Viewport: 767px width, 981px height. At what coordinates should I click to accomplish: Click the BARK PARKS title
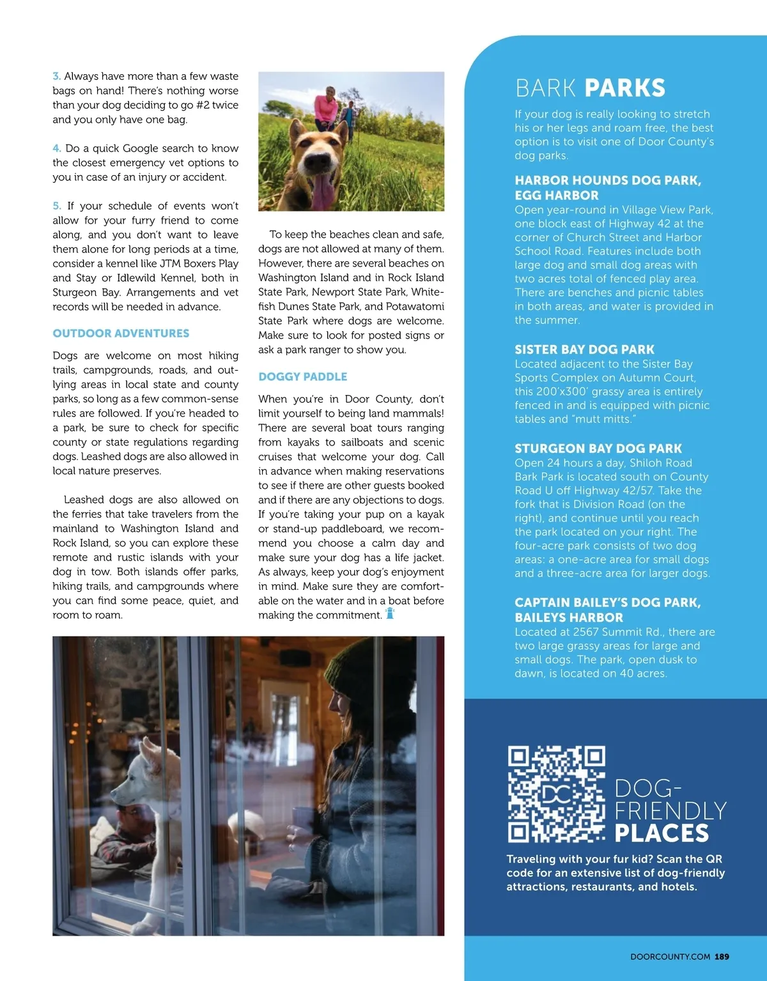click(x=591, y=88)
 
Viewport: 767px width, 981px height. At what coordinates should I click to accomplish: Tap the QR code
click(x=556, y=793)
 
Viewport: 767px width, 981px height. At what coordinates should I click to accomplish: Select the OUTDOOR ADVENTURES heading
click(x=121, y=334)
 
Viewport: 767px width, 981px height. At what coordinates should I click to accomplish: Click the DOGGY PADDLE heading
click(x=303, y=377)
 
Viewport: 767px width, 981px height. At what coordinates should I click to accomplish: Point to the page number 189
click(x=722, y=957)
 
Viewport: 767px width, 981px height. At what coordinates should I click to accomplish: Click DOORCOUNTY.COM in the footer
click(x=670, y=957)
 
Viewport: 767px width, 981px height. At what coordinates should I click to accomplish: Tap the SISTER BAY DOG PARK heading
click(x=584, y=350)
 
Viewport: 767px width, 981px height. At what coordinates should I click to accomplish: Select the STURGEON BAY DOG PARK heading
click(x=598, y=449)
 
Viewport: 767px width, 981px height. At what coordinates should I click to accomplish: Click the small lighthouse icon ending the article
click(x=390, y=614)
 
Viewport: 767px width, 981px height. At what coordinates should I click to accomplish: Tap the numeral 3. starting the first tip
click(x=57, y=76)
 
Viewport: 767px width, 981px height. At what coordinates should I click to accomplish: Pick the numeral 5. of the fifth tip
click(x=57, y=206)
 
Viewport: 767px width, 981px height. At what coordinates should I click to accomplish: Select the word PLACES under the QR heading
click(x=662, y=833)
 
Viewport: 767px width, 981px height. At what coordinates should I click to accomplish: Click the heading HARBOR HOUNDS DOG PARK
click(x=607, y=181)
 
